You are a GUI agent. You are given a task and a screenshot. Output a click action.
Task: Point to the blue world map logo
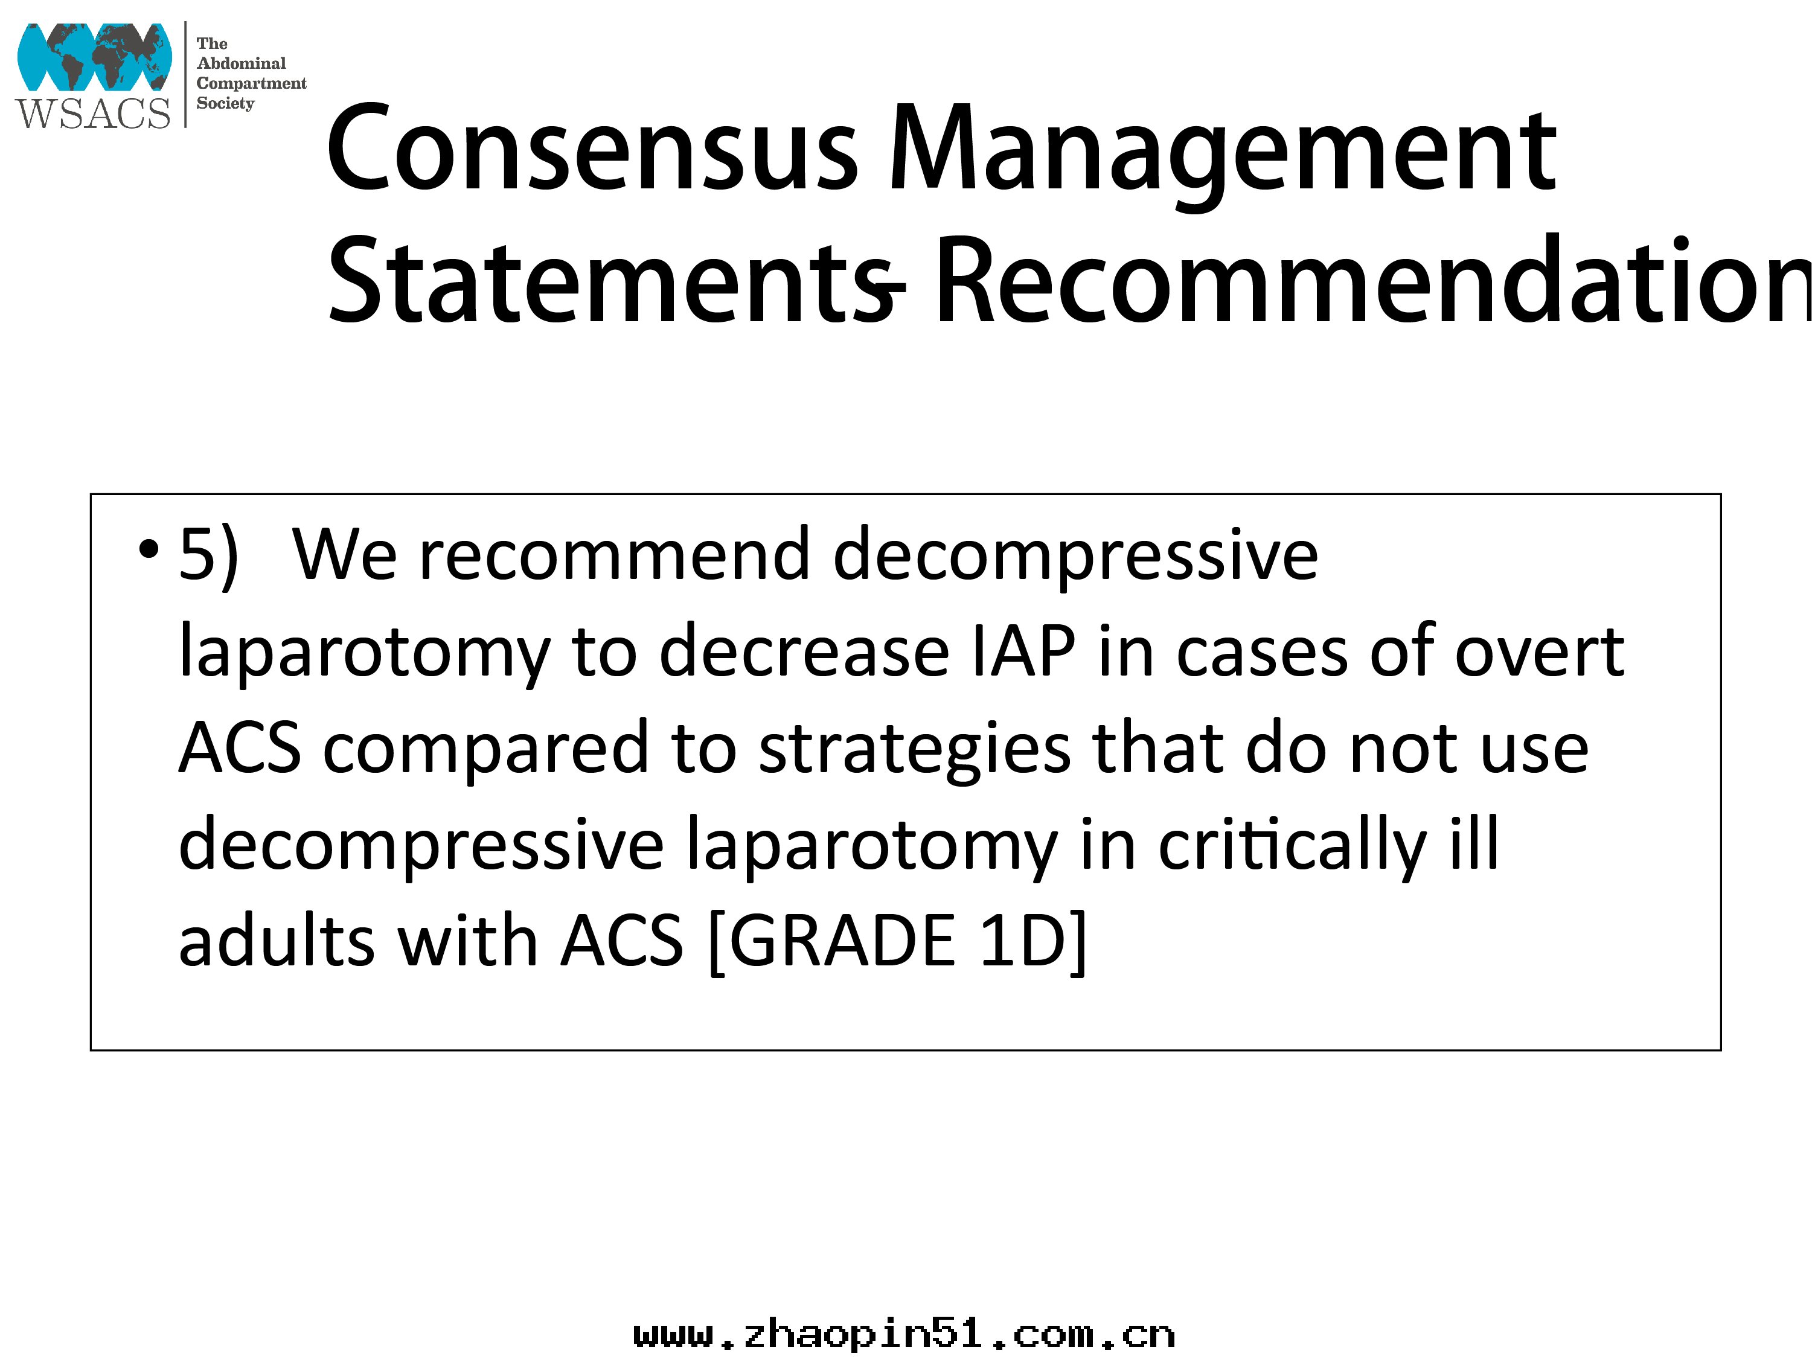[94, 57]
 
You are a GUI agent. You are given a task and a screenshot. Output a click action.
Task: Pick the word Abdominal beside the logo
[242, 63]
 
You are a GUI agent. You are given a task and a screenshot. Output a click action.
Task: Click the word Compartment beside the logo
[252, 83]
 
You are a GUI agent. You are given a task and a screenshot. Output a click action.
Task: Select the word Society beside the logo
[225, 103]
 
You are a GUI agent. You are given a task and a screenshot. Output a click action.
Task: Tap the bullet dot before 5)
[149, 549]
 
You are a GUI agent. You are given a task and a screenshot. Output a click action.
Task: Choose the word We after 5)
[345, 555]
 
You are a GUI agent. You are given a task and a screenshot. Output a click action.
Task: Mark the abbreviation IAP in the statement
[1023, 652]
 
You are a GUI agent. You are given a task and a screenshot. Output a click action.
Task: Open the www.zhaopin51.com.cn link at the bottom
[904, 1335]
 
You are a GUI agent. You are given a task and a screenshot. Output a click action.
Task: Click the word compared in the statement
[486, 750]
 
